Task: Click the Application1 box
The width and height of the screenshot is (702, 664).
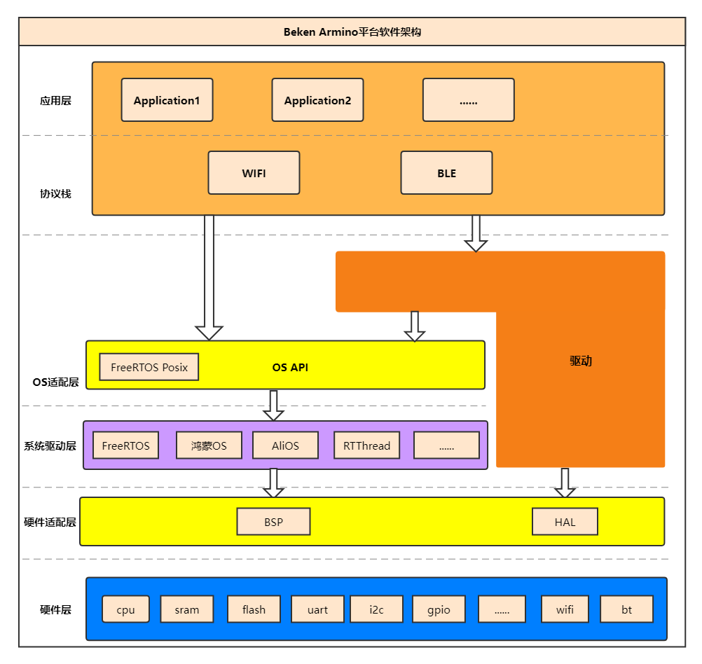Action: point(167,100)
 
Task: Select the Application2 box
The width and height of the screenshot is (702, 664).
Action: point(317,100)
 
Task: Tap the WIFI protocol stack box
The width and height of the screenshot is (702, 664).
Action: point(254,173)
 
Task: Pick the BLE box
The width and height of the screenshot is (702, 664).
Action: point(446,173)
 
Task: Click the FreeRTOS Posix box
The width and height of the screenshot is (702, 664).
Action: point(149,367)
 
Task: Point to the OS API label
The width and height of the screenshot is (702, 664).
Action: point(290,367)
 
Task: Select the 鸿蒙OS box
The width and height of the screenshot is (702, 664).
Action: point(209,445)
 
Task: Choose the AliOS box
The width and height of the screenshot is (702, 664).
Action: point(285,445)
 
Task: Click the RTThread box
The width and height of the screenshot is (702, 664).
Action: point(366,445)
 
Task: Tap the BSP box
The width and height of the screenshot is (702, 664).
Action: point(273,522)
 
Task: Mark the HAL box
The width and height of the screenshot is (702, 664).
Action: point(565,522)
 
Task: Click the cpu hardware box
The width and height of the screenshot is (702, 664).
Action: point(125,609)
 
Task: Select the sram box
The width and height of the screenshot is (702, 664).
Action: point(186,609)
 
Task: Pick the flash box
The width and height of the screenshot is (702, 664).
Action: point(254,609)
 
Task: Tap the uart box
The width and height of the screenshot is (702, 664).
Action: point(317,609)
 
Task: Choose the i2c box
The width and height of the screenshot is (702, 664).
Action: point(376,609)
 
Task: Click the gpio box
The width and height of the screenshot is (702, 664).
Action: point(439,609)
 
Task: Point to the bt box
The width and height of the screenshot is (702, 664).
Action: point(626,609)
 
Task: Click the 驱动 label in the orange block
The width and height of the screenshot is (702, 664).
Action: point(581,361)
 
